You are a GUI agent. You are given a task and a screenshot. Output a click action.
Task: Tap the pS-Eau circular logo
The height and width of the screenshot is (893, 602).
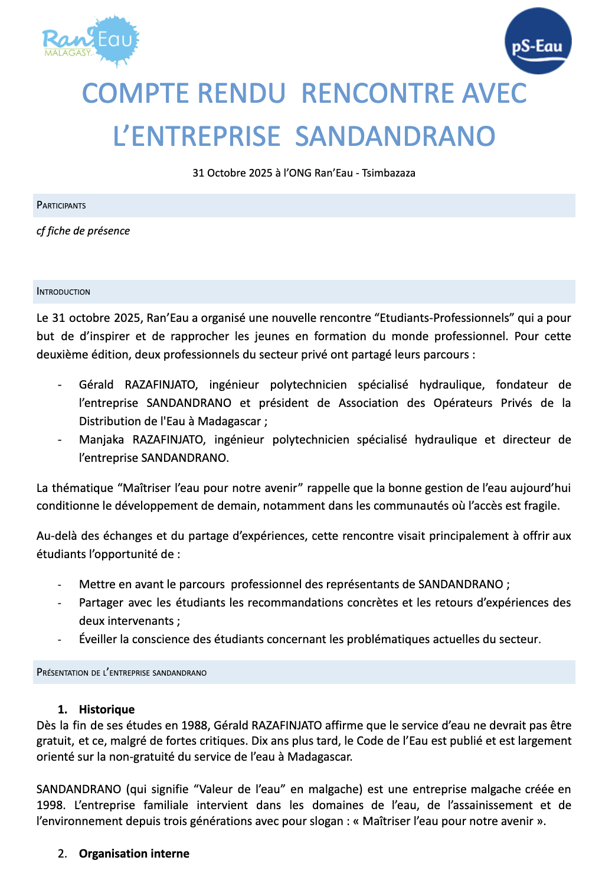(538, 41)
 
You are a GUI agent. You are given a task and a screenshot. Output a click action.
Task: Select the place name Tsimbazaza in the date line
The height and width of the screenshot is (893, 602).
(388, 173)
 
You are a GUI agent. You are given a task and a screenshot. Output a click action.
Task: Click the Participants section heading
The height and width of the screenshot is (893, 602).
(61, 206)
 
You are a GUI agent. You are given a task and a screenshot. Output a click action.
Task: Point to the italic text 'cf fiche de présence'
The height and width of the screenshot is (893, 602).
(83, 231)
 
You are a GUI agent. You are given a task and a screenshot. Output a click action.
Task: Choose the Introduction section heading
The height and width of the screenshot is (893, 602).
(64, 292)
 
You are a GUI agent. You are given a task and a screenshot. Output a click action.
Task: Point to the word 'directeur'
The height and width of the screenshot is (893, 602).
(526, 439)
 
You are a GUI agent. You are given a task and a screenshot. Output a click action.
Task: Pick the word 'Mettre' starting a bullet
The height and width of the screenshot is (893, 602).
(96, 584)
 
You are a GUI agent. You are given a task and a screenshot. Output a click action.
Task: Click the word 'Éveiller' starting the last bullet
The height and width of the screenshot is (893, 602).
(98, 639)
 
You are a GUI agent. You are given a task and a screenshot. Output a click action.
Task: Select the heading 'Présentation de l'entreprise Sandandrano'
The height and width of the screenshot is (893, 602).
(122, 673)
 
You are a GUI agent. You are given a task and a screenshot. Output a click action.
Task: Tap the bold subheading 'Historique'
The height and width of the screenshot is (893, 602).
(107, 709)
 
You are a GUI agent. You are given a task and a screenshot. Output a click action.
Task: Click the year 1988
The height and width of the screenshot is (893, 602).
(196, 725)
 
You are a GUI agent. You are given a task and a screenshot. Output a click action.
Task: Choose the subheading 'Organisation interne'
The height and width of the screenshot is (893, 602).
(134, 853)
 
